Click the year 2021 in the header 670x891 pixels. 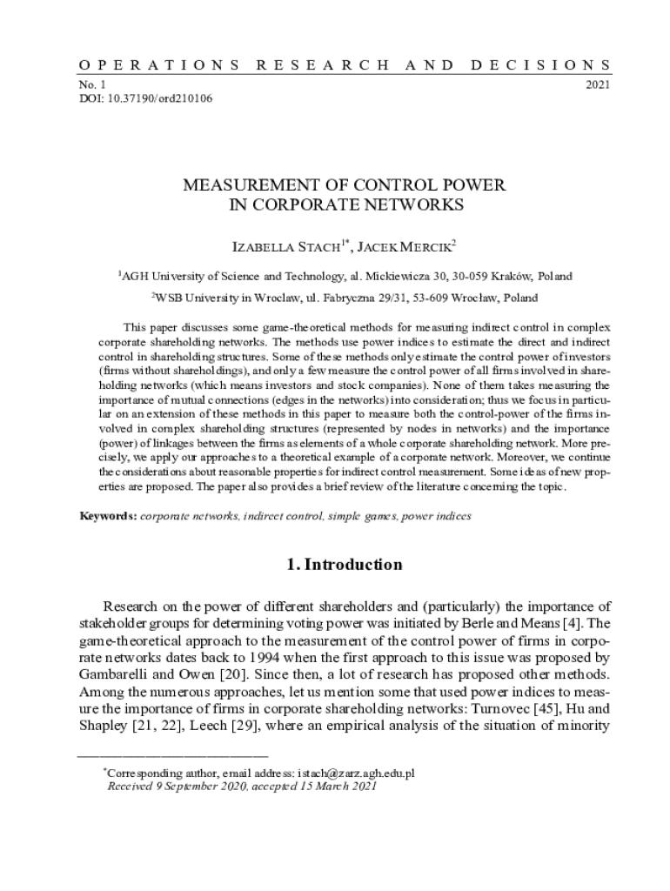(x=598, y=85)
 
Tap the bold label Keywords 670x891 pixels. (x=108, y=516)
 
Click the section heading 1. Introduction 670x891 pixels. (x=345, y=565)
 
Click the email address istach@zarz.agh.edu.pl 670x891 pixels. (x=356, y=773)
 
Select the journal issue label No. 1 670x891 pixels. (x=91, y=85)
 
